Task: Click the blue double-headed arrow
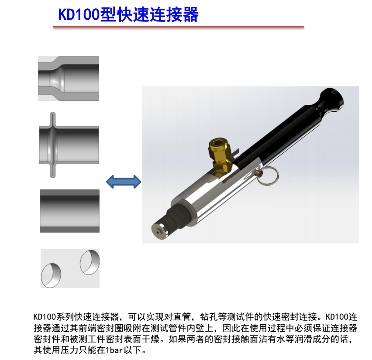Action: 124,182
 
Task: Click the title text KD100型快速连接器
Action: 128,15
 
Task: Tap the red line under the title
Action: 179,27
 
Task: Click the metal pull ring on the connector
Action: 268,175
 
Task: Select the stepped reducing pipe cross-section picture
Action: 69,78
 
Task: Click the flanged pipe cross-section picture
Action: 69,145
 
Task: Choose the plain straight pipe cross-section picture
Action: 70,211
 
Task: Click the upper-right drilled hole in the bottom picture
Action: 90,262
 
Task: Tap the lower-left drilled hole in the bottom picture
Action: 51,275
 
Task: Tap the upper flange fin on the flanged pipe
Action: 53,119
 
